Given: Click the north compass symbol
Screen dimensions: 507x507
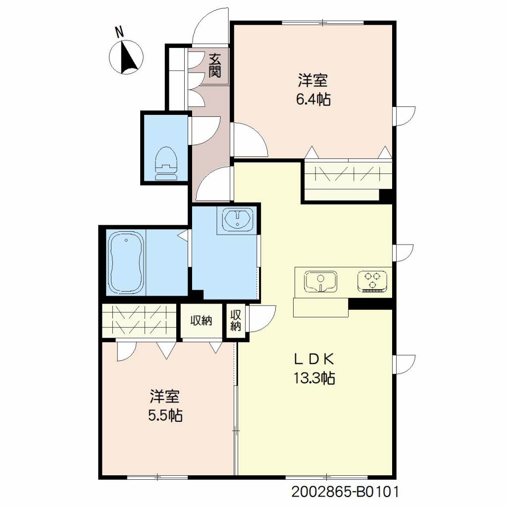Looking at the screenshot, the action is (x=126, y=57).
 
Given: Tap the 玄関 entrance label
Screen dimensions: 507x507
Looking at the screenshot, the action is (x=214, y=66).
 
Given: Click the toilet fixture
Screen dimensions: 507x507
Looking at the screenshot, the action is (x=166, y=163).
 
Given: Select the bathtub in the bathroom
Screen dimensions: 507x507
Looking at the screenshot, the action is (x=126, y=262).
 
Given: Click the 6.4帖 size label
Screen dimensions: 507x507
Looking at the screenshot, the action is (x=313, y=99).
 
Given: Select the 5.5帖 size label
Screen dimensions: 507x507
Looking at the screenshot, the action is (x=165, y=415).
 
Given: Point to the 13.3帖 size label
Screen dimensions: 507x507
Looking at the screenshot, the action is (x=314, y=378).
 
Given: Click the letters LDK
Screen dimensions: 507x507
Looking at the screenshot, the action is (x=313, y=358).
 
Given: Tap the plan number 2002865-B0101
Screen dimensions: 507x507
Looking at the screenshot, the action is (x=345, y=493).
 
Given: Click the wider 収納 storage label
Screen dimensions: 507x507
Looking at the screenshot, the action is (x=201, y=320).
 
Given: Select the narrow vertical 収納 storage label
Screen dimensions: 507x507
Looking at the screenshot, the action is (x=236, y=320).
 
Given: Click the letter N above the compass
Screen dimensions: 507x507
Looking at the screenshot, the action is (x=119, y=32).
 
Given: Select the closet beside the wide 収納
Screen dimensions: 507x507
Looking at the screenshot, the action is (x=139, y=320).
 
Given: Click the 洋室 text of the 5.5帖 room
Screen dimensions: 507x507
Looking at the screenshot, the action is (x=164, y=397).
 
